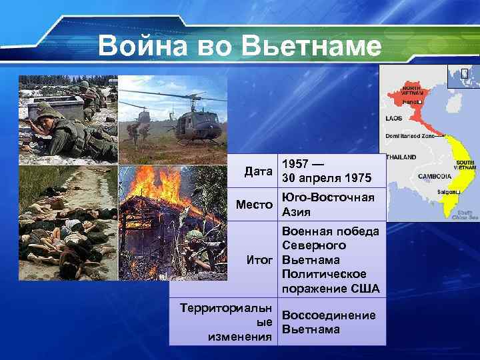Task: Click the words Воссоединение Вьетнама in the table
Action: (329, 323)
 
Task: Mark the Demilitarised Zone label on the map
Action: (409, 136)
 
